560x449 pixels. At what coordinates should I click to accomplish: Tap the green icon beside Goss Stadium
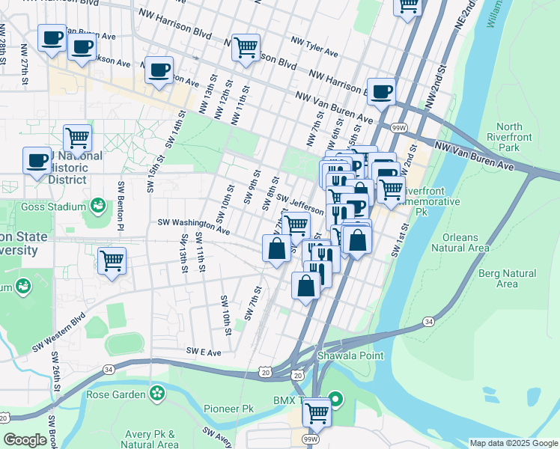click(x=97, y=205)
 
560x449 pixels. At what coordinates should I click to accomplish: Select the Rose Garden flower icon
click(x=157, y=394)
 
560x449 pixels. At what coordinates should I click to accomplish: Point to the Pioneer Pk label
click(x=229, y=409)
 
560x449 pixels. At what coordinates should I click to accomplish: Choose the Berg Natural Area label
click(x=507, y=278)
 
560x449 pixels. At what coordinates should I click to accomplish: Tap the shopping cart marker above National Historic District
click(x=77, y=138)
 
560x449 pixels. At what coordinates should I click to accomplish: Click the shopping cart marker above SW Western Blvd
click(x=112, y=261)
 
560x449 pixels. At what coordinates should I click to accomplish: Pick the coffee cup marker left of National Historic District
click(x=37, y=160)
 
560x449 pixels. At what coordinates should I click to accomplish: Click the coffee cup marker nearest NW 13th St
click(x=158, y=70)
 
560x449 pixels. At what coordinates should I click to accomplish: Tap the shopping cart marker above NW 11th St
click(x=246, y=47)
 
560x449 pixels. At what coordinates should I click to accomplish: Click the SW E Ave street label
click(x=204, y=351)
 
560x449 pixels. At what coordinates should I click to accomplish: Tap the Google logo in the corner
click(x=25, y=440)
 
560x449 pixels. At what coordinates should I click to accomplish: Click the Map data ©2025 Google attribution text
click(x=514, y=443)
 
